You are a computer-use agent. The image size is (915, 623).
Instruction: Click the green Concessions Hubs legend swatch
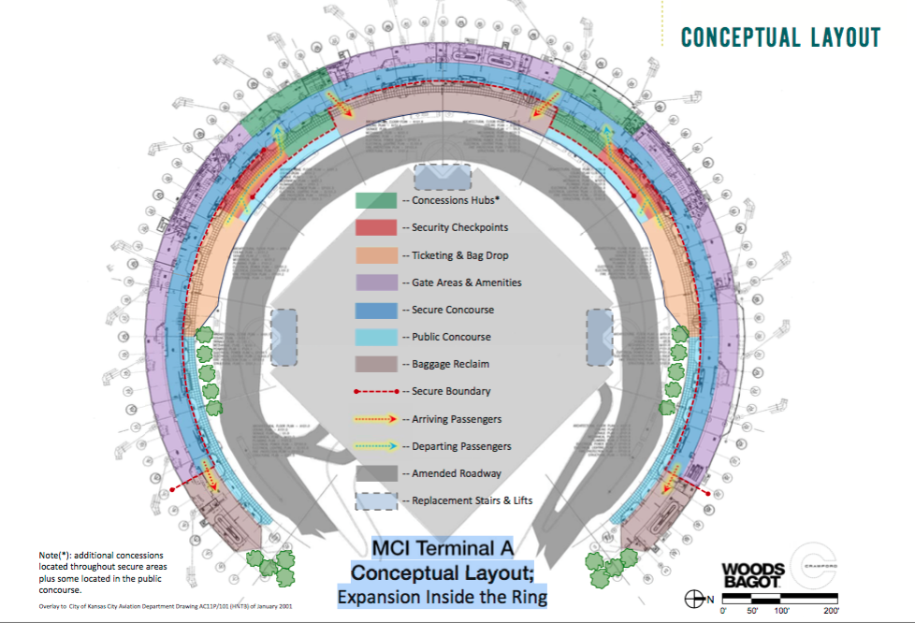coord(375,200)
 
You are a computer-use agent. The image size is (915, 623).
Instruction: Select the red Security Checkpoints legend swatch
coord(375,227)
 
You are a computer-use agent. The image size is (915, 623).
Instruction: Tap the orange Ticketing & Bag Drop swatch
coord(375,254)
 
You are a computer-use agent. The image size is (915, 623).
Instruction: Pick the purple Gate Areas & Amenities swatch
coord(375,282)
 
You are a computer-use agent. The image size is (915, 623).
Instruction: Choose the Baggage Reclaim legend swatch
coord(375,364)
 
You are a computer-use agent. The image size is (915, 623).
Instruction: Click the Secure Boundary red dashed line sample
coord(375,391)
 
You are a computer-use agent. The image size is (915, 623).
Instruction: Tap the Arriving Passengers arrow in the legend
coord(375,419)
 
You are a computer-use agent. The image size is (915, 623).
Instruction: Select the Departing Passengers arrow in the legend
coord(375,446)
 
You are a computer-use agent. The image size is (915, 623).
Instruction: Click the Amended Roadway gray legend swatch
coord(375,473)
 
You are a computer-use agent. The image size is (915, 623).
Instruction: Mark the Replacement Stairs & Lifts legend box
coord(375,500)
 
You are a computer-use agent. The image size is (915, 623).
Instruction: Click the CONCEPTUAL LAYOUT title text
coord(780,37)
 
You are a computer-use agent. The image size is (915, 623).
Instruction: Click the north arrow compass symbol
coord(695,598)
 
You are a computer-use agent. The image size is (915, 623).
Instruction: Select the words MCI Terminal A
coord(443,547)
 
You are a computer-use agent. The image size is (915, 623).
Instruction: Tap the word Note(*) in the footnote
coord(55,556)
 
